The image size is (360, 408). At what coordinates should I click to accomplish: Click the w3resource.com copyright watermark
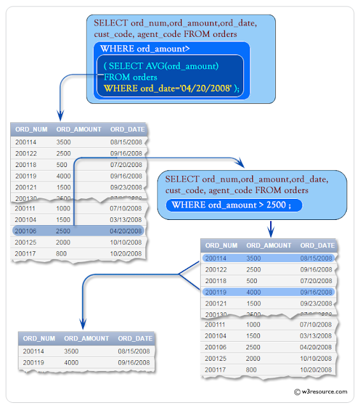click(320, 391)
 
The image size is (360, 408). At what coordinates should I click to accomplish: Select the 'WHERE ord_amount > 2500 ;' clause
click(233, 205)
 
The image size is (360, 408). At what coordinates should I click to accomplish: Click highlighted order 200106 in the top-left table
click(25, 231)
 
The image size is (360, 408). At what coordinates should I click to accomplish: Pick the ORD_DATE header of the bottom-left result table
click(135, 339)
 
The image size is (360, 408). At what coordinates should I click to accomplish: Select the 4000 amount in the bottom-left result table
click(71, 362)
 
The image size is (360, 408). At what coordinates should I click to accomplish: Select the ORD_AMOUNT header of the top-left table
click(78, 129)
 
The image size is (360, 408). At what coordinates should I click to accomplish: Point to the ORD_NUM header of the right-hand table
click(221, 245)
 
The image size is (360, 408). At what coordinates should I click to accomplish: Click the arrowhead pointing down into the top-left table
click(58, 116)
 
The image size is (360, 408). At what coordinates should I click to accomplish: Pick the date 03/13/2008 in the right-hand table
click(317, 335)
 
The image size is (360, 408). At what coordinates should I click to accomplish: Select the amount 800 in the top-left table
click(61, 253)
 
